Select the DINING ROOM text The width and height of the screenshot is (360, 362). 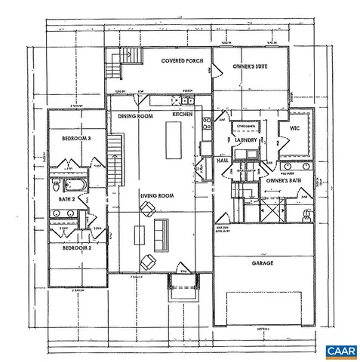click(136, 116)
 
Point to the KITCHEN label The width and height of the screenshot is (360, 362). click(183, 114)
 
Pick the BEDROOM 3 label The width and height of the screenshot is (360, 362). click(76, 139)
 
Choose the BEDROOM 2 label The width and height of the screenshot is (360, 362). click(76, 248)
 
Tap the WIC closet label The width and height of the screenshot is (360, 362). click(295, 128)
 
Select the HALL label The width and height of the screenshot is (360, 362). click(224, 161)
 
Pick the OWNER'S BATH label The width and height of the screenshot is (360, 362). click(283, 181)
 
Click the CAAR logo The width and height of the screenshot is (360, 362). click(339, 351)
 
